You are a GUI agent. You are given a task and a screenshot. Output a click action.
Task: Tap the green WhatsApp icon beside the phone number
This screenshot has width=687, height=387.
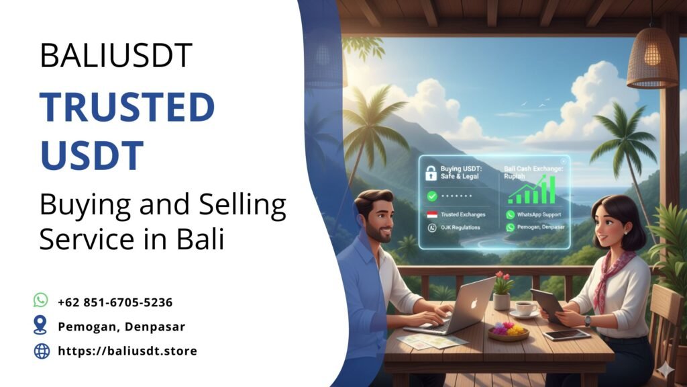(x=41, y=300)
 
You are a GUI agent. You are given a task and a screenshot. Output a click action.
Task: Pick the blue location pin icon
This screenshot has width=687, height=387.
(x=41, y=325)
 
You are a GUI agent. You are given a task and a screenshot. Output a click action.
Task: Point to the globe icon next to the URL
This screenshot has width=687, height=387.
(x=42, y=350)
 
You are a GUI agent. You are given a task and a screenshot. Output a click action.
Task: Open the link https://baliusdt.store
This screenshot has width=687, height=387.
(x=127, y=351)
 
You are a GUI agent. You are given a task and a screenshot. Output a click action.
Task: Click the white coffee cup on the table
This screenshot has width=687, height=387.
(x=525, y=308)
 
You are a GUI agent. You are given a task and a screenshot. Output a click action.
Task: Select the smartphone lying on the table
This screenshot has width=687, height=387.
(x=567, y=335)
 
